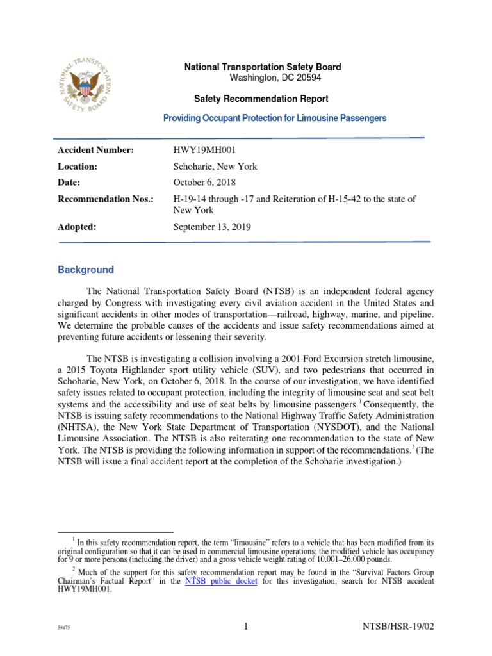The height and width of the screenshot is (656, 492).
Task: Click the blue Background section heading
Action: [x=86, y=270]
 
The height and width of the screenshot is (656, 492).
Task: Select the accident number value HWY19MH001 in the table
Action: [x=202, y=150]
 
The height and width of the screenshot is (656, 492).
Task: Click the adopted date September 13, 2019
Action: [x=213, y=227]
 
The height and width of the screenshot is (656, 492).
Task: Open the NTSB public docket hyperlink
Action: [x=221, y=581]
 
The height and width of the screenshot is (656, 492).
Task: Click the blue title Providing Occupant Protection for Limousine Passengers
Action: [x=275, y=118]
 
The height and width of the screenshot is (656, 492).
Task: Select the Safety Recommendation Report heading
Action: [x=261, y=99]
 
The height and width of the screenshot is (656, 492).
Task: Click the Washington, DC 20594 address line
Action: [x=275, y=78]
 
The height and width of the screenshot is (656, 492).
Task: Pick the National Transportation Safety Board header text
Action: [x=263, y=67]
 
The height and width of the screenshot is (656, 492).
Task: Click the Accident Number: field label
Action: [x=96, y=150]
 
